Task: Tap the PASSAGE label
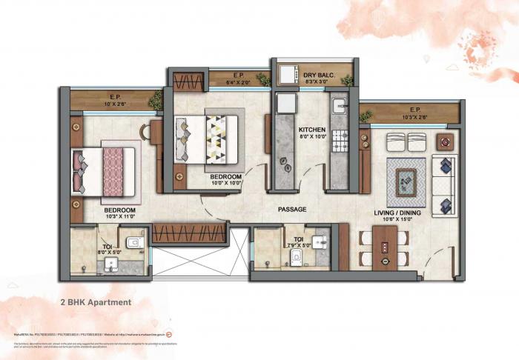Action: [x=291, y=210]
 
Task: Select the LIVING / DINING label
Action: [x=392, y=213]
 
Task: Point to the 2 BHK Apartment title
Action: [x=96, y=302]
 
